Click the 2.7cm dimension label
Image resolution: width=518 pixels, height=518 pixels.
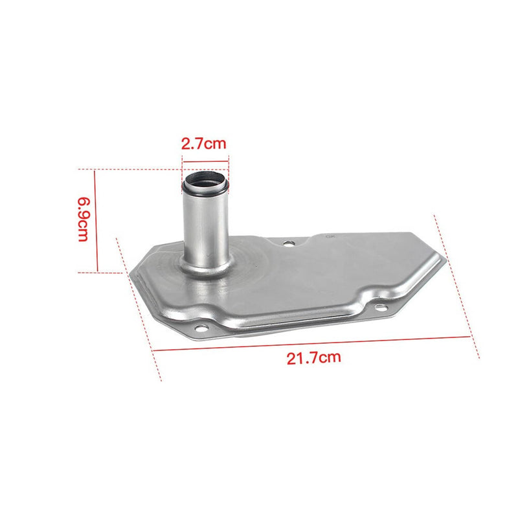click(x=204, y=144)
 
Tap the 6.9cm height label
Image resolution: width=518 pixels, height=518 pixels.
click(x=84, y=220)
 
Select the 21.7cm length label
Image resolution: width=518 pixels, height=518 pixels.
click(x=313, y=358)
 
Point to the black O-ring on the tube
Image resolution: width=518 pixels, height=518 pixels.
click(x=205, y=188)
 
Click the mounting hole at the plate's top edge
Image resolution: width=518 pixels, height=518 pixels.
click(x=289, y=244)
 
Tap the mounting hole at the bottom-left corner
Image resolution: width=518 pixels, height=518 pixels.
click(x=201, y=328)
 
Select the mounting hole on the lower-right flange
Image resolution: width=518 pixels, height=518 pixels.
click(x=381, y=308)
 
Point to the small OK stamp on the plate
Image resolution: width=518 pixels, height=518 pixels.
click(x=330, y=236)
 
